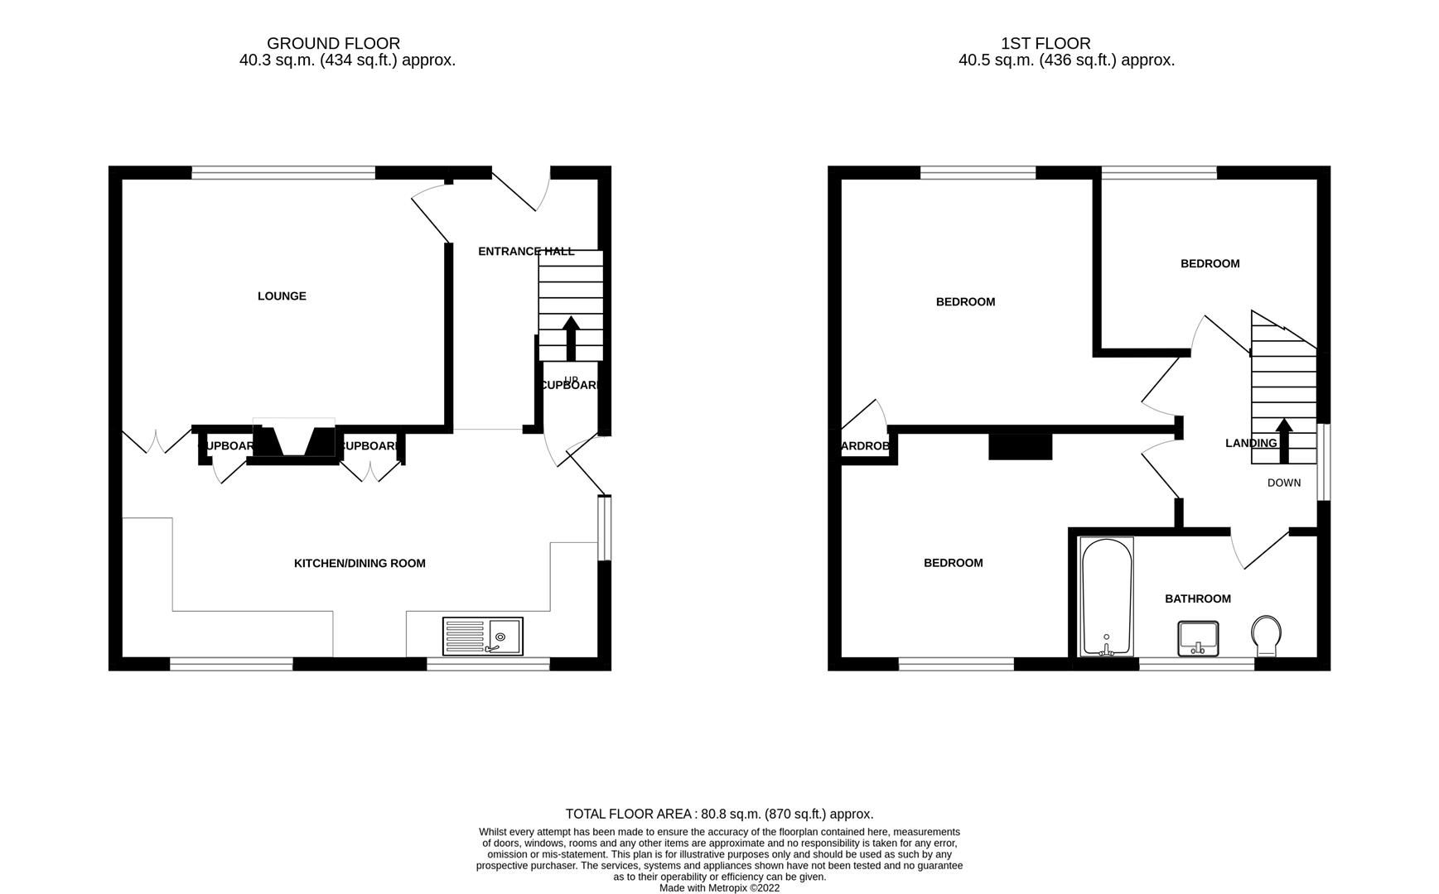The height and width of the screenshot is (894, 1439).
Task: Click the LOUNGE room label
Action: click(282, 296)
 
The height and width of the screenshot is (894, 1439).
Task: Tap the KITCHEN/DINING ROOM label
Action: click(360, 564)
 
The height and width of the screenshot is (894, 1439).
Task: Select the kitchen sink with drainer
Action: click(482, 636)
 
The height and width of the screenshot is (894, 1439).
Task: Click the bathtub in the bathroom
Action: click(1107, 597)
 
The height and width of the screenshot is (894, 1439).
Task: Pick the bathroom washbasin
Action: click(1197, 637)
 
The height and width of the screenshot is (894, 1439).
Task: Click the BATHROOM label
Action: click(1197, 598)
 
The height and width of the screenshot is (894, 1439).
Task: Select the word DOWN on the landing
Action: click(1283, 483)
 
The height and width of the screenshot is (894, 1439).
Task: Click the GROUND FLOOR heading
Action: click(333, 43)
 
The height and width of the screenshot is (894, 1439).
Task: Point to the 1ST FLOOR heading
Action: click(1045, 43)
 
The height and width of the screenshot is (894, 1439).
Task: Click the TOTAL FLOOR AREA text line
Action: click(719, 814)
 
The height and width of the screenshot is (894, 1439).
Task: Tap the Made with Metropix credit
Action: click(719, 887)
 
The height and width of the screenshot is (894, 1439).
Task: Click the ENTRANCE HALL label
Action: click(525, 251)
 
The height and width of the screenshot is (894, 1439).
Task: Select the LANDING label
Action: click(1250, 443)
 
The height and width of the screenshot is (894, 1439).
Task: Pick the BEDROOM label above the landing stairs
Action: click(1210, 263)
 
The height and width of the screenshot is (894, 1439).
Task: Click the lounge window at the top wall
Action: click(283, 172)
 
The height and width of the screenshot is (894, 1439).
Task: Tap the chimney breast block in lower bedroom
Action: click(1020, 447)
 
